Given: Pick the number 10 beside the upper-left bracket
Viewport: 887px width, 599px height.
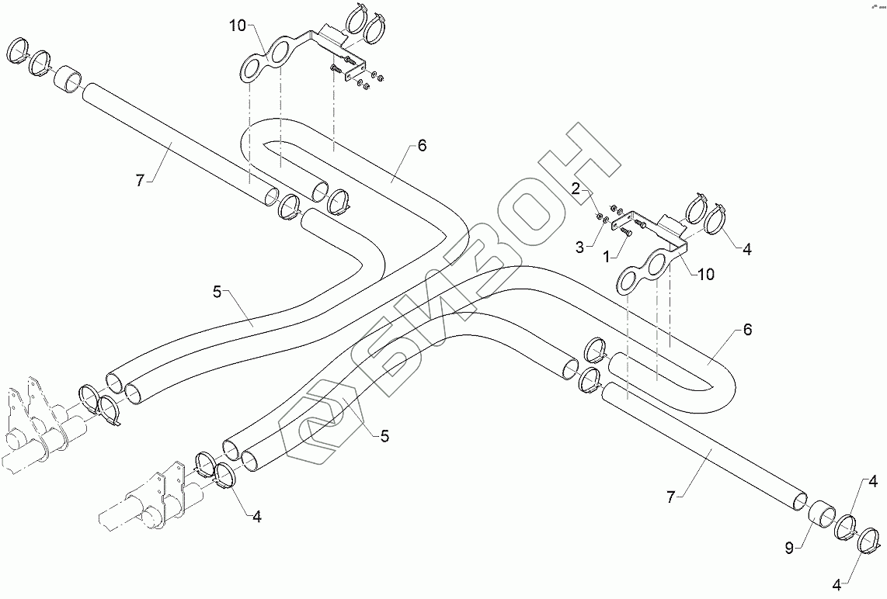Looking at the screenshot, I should pyautogui.click(x=237, y=26).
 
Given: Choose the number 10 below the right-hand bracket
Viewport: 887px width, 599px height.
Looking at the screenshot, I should pyautogui.click(x=706, y=274).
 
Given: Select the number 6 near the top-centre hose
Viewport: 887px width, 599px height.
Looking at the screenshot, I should pyautogui.click(x=421, y=145).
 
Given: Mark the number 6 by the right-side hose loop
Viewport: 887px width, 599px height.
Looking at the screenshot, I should pyautogui.click(x=747, y=329).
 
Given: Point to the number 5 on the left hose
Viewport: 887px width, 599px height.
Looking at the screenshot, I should pyautogui.click(x=218, y=292).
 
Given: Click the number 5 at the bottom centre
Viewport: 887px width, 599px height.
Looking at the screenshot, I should pyautogui.click(x=384, y=437).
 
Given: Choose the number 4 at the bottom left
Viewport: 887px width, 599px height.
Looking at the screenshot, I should pyautogui.click(x=256, y=516).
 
